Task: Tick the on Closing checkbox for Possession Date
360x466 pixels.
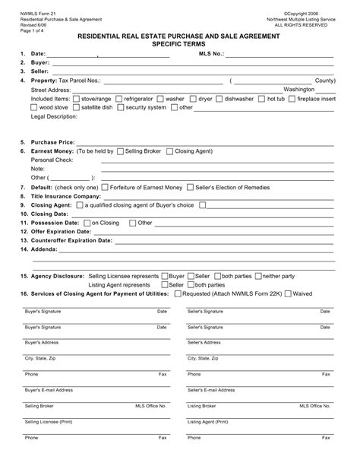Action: coord(86,223)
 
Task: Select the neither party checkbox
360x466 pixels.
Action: coord(258,275)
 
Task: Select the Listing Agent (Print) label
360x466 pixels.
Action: coord(208,421)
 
